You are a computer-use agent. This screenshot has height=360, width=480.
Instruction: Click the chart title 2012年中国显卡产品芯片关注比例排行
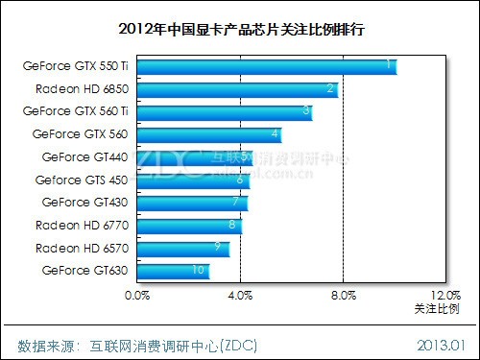pyautogui.click(x=239, y=29)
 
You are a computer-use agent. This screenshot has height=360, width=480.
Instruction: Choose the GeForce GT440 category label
pyautogui.click(x=84, y=156)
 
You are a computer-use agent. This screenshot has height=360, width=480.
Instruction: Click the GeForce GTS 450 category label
pyautogui.click(x=81, y=180)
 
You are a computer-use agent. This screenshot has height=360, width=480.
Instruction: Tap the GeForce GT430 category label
pyautogui.click(x=84, y=203)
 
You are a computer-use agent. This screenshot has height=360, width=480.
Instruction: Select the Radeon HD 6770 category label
pyautogui.click(x=82, y=226)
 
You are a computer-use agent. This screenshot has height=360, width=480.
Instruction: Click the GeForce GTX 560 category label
pyautogui.click(x=80, y=134)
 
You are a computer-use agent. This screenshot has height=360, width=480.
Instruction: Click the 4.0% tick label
pyautogui.click(x=241, y=296)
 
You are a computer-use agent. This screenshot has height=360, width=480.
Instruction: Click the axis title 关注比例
pyautogui.click(x=437, y=309)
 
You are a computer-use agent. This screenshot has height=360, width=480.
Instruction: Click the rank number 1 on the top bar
pyautogui.click(x=388, y=65)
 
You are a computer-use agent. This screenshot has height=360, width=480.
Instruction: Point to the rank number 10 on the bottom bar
pyautogui.click(x=198, y=271)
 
